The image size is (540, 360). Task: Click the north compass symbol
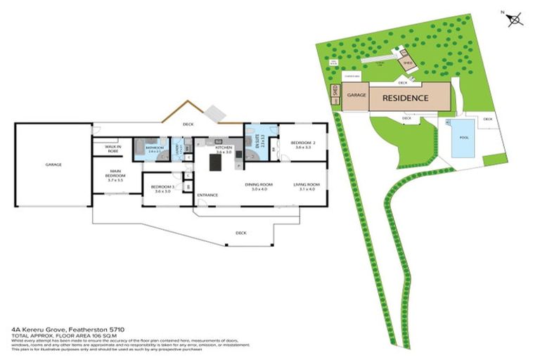(x=516, y=19)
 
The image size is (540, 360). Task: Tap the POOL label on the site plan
(x=463, y=137)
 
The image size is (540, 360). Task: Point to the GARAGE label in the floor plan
(x=53, y=164)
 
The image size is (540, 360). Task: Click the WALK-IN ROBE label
(x=115, y=148)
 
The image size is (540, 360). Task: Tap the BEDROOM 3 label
(x=162, y=188)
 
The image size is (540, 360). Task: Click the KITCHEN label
(x=224, y=149)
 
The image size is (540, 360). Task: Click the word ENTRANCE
(x=207, y=195)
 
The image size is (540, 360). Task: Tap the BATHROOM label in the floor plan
(x=155, y=148)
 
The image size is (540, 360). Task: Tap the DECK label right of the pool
(x=488, y=119)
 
